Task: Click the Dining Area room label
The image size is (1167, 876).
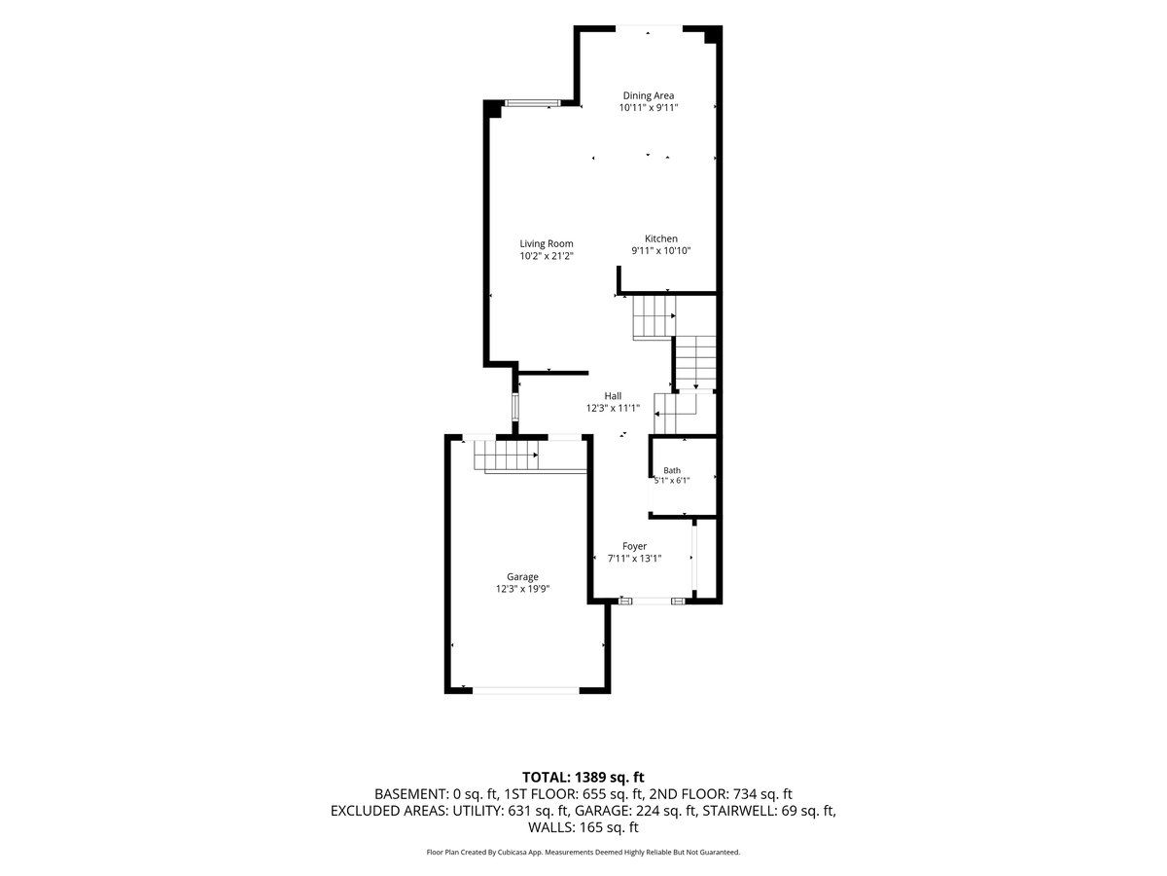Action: pyautogui.click(x=648, y=95)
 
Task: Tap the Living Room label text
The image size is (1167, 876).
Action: pyautogui.click(x=546, y=243)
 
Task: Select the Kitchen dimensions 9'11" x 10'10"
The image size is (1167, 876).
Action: pyautogui.click(x=661, y=250)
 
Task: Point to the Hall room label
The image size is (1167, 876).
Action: pyautogui.click(x=613, y=396)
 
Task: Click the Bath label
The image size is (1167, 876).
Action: pyautogui.click(x=672, y=470)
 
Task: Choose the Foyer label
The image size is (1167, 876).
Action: pyautogui.click(x=634, y=546)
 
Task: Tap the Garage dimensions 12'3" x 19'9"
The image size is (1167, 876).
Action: pyautogui.click(x=522, y=589)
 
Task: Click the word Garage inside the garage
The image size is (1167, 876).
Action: pyautogui.click(x=522, y=576)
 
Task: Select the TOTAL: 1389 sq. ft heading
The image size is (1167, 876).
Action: pyautogui.click(x=583, y=777)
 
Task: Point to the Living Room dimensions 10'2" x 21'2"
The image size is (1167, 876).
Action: pyautogui.click(x=546, y=256)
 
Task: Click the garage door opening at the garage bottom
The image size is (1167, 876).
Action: pyautogui.click(x=526, y=690)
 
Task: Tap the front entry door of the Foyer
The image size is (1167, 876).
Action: pyautogui.click(x=652, y=601)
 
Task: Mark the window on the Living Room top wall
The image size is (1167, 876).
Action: pyautogui.click(x=532, y=103)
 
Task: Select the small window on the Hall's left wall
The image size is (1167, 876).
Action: pyautogui.click(x=514, y=407)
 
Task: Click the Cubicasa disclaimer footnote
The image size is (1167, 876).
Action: pyautogui.click(x=583, y=852)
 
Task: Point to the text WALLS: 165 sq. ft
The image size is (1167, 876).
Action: pyautogui.click(x=583, y=827)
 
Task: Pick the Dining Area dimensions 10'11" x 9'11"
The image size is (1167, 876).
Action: pyautogui.click(x=648, y=107)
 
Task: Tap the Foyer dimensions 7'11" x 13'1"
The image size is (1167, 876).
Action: pyautogui.click(x=634, y=559)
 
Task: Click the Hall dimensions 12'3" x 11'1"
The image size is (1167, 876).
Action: pyautogui.click(x=613, y=408)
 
